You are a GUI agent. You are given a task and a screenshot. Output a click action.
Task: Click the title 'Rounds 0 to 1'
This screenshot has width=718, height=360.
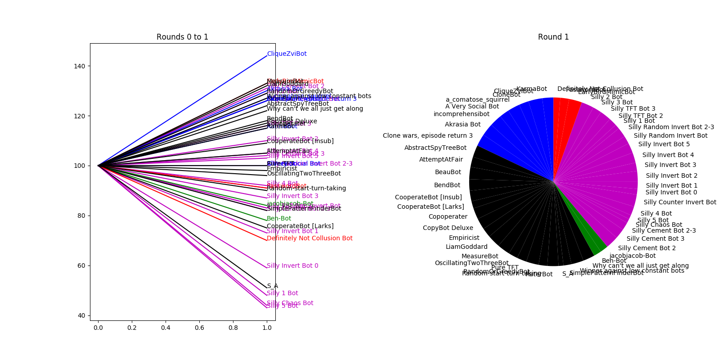pyautogui.click(x=182, y=37)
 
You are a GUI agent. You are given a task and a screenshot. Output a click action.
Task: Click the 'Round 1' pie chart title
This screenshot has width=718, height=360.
pyautogui.click(x=553, y=37)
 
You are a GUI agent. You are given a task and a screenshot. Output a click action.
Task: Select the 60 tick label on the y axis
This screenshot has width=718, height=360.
pyautogui.click(x=82, y=265)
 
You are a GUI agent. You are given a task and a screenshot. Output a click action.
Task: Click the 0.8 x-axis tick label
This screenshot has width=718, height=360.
pyautogui.click(x=233, y=328)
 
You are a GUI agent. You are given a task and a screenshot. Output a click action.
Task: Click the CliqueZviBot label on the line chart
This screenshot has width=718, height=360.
pyautogui.click(x=287, y=54)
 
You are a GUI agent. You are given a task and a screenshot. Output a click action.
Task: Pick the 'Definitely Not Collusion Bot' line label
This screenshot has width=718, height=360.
pyautogui.click(x=310, y=238)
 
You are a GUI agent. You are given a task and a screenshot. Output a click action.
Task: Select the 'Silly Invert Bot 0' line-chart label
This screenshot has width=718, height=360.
pyautogui.click(x=292, y=266)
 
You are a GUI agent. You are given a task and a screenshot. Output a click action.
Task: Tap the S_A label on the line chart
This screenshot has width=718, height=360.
pyautogui.click(x=272, y=286)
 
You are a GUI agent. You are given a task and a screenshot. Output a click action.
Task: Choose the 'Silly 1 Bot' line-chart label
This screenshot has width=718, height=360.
pyautogui.click(x=282, y=293)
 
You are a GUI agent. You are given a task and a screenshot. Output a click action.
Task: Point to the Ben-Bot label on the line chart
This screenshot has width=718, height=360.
pyautogui.click(x=279, y=219)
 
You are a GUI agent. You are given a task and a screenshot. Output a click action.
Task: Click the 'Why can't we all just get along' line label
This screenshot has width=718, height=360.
pyautogui.click(x=315, y=109)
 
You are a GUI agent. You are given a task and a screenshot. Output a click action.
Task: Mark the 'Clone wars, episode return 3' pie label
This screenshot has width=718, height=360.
pyautogui.click(x=427, y=136)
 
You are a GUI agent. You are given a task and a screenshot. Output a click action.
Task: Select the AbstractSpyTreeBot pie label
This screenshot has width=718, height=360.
pyautogui.click(x=435, y=148)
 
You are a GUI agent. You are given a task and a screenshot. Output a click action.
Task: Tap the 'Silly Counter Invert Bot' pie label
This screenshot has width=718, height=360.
pyautogui.click(x=679, y=202)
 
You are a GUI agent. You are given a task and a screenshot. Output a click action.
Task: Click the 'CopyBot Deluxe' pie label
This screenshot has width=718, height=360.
pyautogui.click(x=448, y=228)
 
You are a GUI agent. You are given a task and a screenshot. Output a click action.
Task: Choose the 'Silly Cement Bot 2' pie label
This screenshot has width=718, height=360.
pyautogui.click(x=646, y=248)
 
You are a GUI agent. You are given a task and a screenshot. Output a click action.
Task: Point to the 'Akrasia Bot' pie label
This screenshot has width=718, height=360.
pyautogui.click(x=462, y=125)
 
